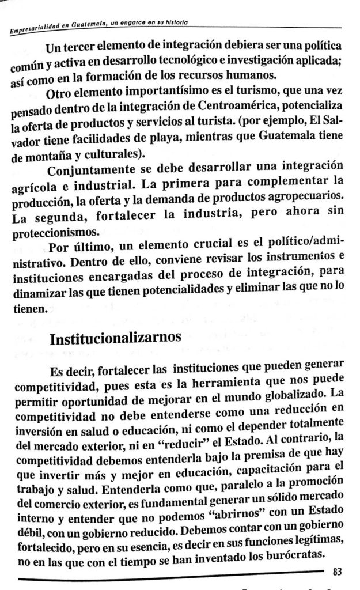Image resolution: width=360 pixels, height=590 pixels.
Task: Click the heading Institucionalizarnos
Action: [117, 338]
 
